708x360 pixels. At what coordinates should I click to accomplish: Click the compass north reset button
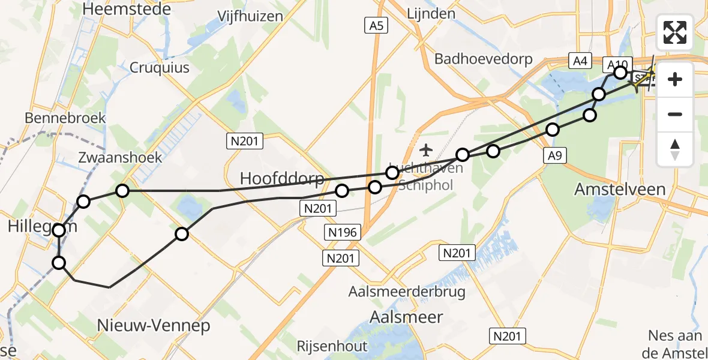pyautogui.click(x=675, y=149)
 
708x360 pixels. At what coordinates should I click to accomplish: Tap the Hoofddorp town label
pyautogui.click(x=281, y=178)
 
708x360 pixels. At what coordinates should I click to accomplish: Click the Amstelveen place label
pyautogui.click(x=620, y=189)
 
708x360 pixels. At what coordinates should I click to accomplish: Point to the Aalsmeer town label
pyautogui.click(x=406, y=317)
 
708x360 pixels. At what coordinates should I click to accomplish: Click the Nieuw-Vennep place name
pyautogui.click(x=154, y=326)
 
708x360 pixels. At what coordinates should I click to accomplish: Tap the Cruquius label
pyautogui.click(x=160, y=67)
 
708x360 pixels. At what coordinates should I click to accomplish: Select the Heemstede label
pyautogui.click(x=127, y=10)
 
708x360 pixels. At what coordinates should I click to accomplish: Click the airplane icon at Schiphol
pyautogui.click(x=426, y=149)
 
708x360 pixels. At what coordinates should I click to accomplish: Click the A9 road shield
pyautogui.click(x=555, y=157)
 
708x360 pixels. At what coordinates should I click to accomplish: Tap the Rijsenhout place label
pyautogui.click(x=332, y=346)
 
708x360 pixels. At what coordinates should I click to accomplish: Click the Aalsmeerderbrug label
pyautogui.click(x=407, y=292)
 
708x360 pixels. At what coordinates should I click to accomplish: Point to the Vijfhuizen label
pyautogui.click(x=250, y=16)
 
